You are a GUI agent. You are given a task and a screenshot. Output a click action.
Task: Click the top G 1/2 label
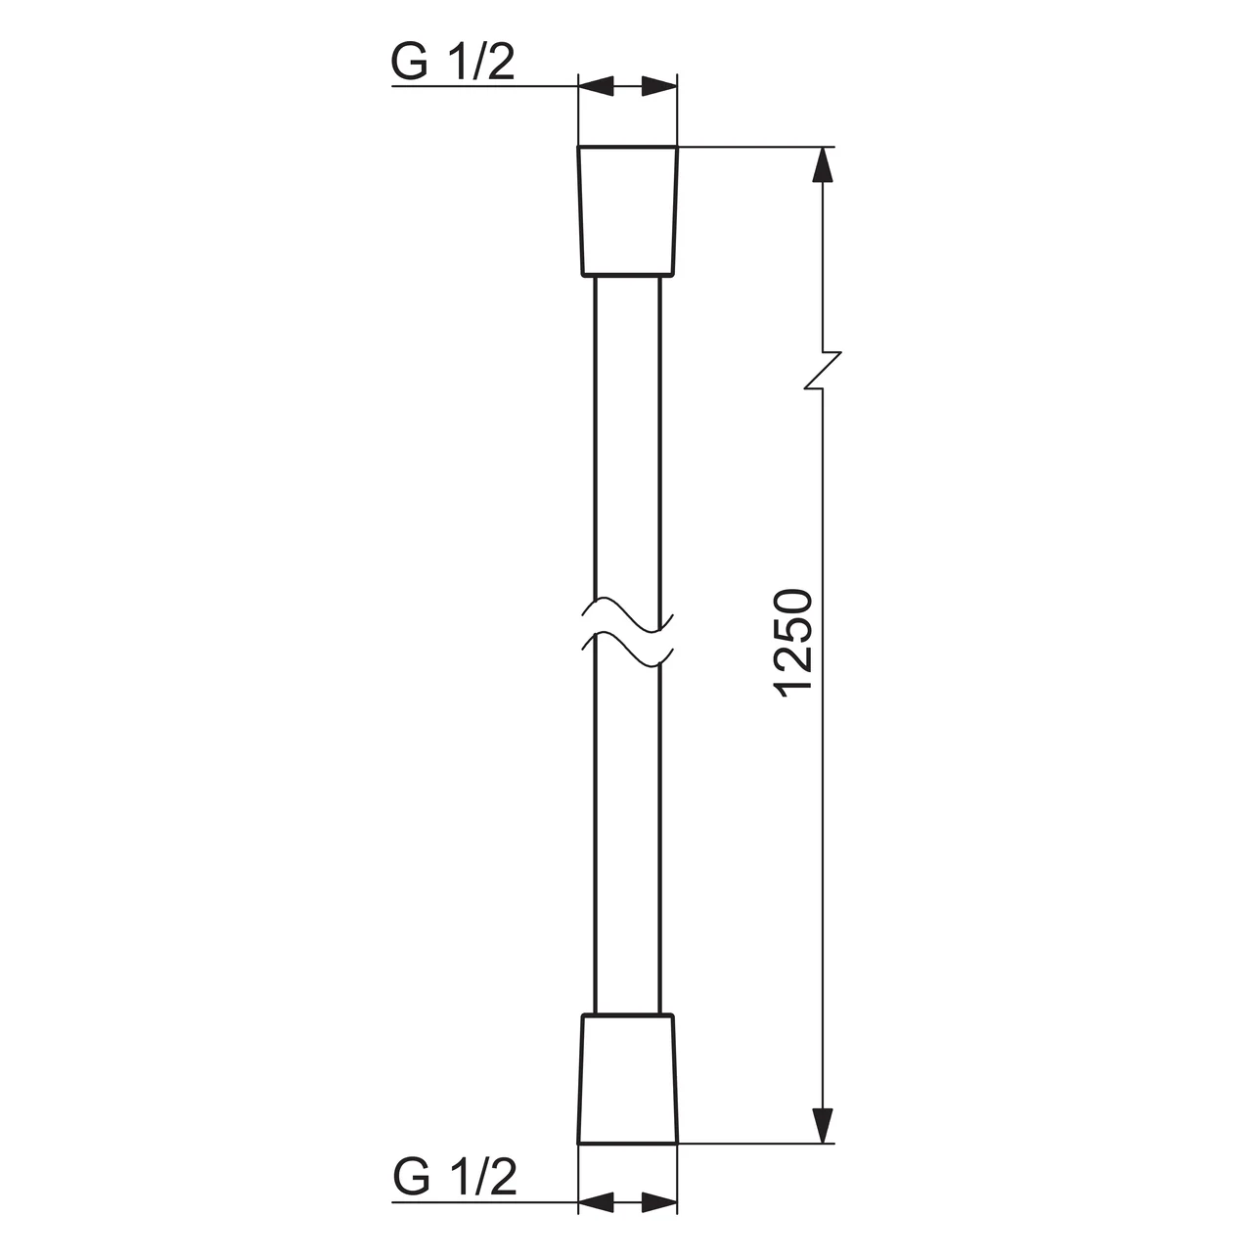[x=453, y=64]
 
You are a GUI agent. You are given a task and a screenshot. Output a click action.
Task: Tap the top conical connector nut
[x=627, y=210]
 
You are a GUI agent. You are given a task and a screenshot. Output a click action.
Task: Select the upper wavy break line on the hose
[x=627, y=612]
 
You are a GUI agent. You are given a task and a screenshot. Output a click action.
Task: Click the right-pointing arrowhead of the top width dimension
[x=658, y=87]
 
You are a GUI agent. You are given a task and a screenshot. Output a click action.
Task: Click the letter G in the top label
[x=411, y=64]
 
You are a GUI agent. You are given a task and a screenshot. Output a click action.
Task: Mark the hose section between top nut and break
[x=627, y=440]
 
